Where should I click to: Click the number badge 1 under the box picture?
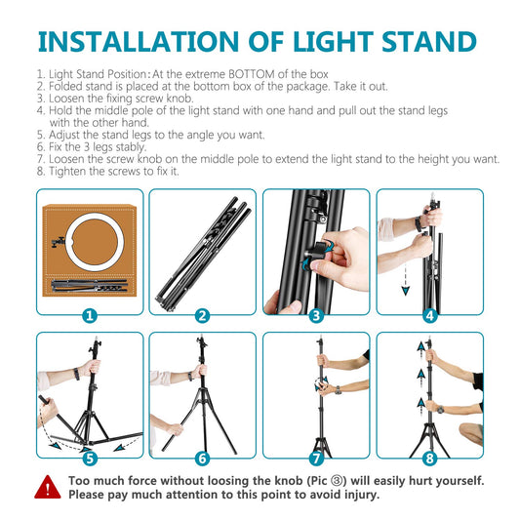pos(89,315)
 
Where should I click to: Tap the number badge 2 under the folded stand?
pos(202,315)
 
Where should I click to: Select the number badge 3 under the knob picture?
pos(316,315)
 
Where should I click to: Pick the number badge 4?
pos(429,315)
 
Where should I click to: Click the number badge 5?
pos(89,458)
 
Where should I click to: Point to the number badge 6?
pos(202,458)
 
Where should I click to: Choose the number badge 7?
pos(316,458)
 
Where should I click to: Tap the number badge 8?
pos(429,458)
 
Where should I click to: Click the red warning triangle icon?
pos(47,487)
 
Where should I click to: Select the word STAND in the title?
pos(425,42)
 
